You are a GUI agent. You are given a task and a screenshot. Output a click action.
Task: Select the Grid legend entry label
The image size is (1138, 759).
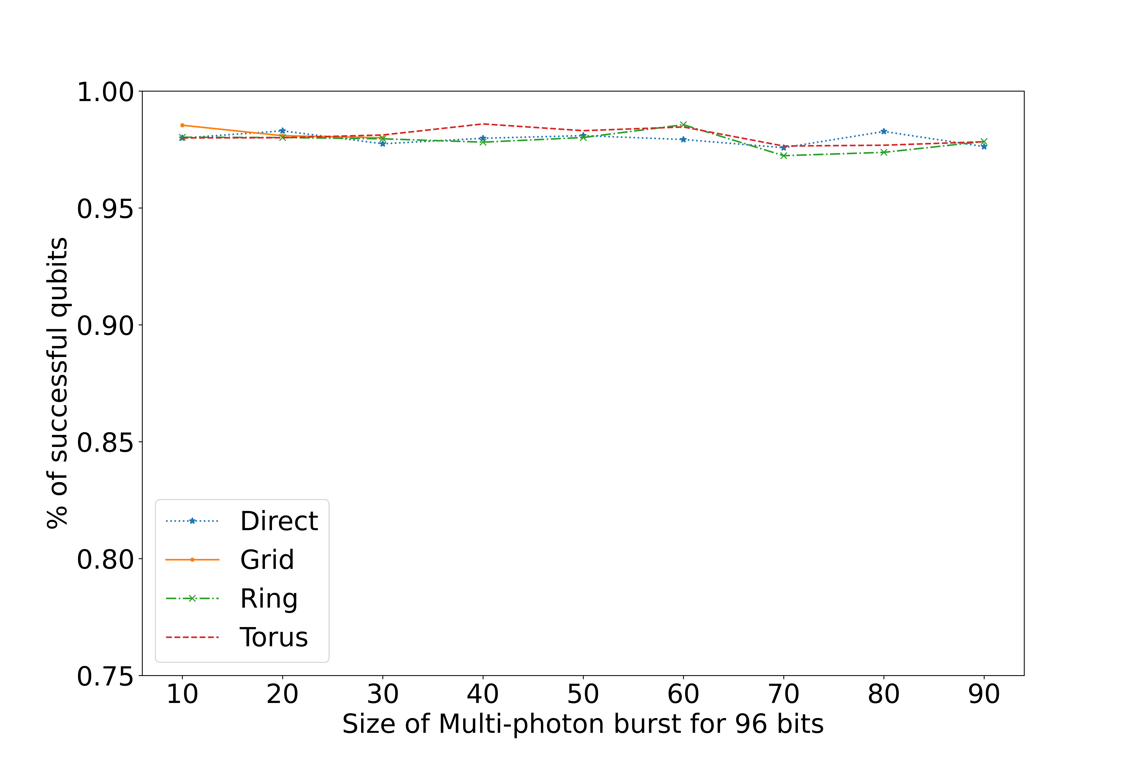point(267,560)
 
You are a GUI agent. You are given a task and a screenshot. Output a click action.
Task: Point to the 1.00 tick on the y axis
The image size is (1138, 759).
point(105,92)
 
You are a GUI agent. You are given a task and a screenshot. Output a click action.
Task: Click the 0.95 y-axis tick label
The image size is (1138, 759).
point(105,209)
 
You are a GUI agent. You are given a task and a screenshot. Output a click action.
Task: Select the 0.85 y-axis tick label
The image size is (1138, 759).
point(105,442)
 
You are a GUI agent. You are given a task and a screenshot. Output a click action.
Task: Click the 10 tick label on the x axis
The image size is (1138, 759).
point(182,695)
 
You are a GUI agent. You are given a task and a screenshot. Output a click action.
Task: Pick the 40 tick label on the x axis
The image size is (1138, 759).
point(483,695)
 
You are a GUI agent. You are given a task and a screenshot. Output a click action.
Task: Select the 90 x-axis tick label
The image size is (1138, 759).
point(984,695)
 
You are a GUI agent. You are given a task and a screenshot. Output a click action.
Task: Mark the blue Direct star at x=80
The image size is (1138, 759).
point(884,131)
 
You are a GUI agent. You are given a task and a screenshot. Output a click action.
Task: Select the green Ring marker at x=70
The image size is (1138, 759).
point(784,155)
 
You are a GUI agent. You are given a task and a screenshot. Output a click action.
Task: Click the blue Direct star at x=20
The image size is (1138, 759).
point(283,131)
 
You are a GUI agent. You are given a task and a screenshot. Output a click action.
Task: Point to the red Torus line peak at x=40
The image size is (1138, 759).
point(483,124)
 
